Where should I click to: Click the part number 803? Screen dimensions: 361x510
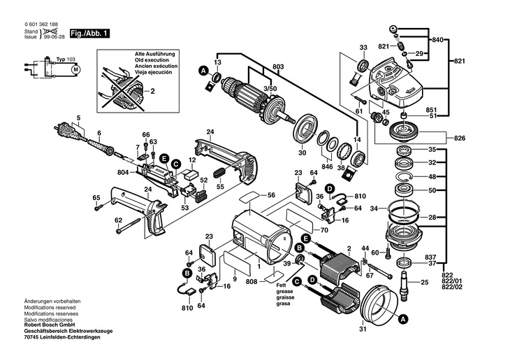click(x=279, y=66)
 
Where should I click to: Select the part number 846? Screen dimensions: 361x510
click(x=328, y=168)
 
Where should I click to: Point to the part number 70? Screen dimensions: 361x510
click(x=324, y=229)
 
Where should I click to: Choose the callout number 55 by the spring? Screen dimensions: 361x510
click(x=219, y=187)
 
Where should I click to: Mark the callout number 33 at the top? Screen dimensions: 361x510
click(x=363, y=48)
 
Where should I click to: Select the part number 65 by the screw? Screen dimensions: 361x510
click(x=97, y=198)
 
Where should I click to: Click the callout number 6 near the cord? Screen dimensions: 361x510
click(x=99, y=133)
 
